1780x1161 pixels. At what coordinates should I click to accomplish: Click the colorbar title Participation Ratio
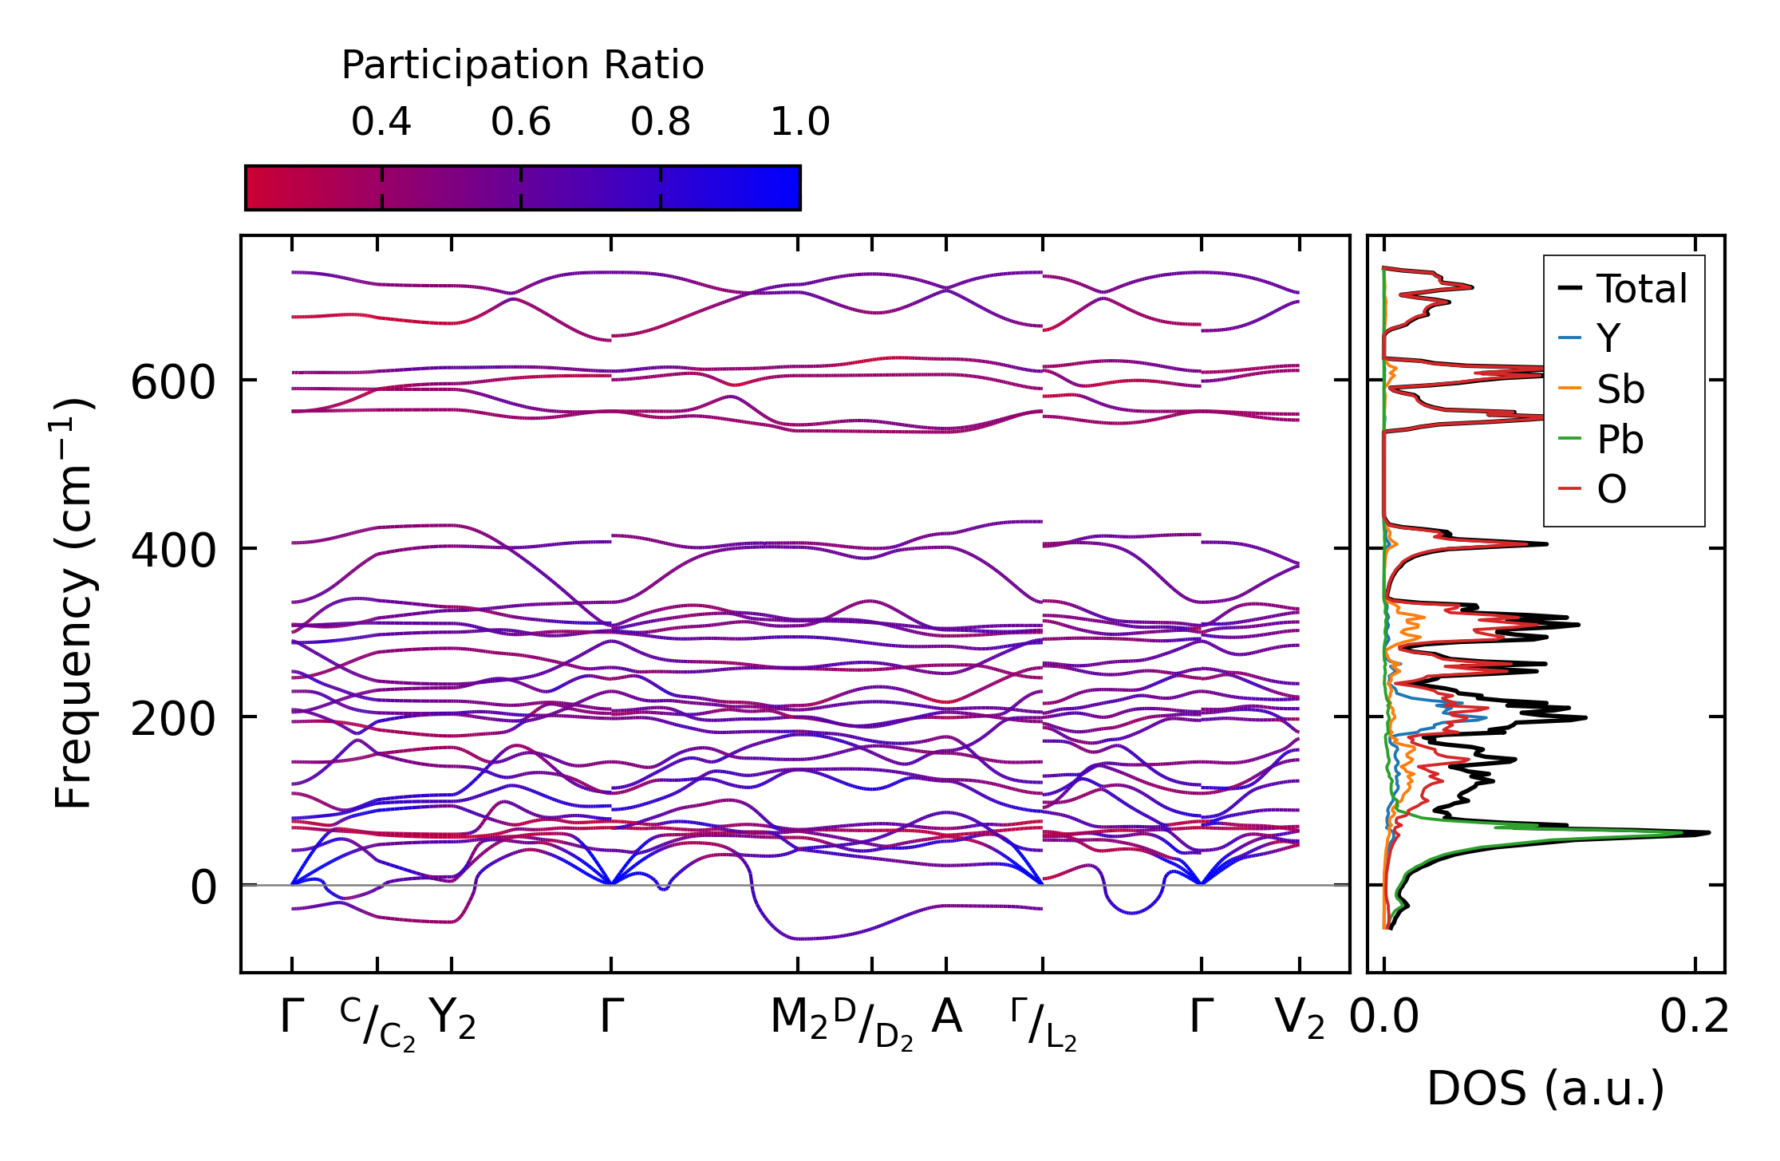tap(523, 65)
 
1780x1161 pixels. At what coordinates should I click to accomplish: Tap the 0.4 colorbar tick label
tap(381, 122)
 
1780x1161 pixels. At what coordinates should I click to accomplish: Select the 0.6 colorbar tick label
tap(521, 122)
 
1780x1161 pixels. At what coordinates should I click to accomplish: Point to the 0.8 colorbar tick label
tap(661, 122)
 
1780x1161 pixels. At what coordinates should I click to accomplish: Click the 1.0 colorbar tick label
tap(800, 122)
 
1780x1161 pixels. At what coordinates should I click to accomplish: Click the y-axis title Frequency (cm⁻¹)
tap(74, 603)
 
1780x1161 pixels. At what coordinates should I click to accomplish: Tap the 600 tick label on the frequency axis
tap(173, 382)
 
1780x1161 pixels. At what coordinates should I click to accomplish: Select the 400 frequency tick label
tap(173, 551)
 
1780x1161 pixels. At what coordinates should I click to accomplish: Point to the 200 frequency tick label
tap(173, 719)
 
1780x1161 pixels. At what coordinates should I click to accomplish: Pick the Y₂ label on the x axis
tap(452, 1019)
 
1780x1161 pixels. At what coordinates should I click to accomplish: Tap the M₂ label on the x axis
tap(799, 1019)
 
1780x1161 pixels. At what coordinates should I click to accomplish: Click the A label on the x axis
tap(946, 1017)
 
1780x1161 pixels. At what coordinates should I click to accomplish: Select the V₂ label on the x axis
tap(1300, 1019)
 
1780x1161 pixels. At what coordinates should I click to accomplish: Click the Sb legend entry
tap(1620, 389)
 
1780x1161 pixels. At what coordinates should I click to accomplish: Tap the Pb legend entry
tap(1620, 440)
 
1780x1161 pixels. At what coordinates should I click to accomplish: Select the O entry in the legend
tap(1611, 489)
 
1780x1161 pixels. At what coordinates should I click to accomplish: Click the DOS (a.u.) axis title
tap(1545, 1089)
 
